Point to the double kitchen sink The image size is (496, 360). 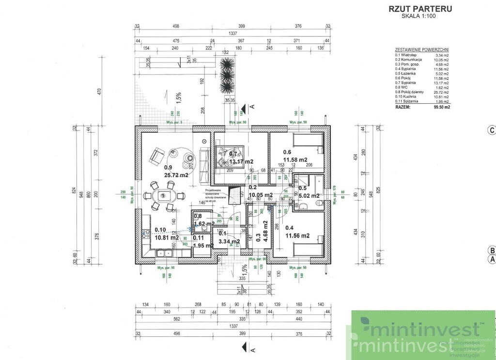pos(165,253)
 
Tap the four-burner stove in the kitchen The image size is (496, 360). pos(144,234)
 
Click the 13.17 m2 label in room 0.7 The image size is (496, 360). pos(242,161)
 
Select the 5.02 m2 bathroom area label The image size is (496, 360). pos(309,196)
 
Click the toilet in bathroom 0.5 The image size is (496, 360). pos(304,207)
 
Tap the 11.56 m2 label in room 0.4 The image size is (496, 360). pos(298,236)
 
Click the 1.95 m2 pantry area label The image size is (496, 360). pos(203,245)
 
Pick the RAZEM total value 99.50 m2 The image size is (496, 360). pos(440,109)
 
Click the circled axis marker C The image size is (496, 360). pos(491,129)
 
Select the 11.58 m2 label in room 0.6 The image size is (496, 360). pos(295,159)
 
